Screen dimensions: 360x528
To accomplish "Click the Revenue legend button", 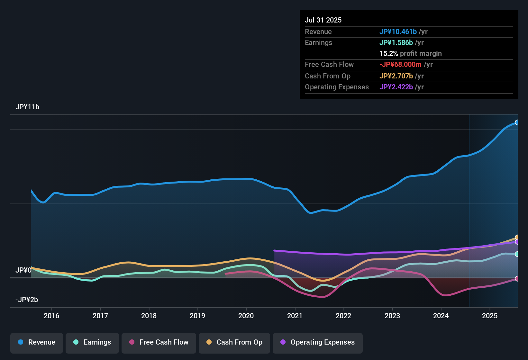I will click(37, 342).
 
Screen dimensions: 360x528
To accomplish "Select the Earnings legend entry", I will click(92, 342).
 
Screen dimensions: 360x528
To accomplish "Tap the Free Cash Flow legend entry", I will click(159, 342).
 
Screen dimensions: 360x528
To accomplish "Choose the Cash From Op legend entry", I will click(234, 342).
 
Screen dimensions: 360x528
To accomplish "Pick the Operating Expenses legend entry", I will click(318, 342).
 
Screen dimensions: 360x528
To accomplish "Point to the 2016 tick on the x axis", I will click(51, 316).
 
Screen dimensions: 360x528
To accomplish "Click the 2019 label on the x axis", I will click(197, 316).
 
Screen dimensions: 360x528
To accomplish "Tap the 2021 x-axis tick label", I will click(295, 316).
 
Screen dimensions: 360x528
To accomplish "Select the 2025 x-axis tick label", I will click(490, 316).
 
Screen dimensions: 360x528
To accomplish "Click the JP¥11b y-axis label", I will click(27, 107).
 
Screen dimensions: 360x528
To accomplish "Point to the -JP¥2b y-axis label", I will click(27, 300).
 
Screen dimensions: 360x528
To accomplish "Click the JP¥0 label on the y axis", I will click(23, 270).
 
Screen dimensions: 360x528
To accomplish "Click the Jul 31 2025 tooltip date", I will click(323, 20).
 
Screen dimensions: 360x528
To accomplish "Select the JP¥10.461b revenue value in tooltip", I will click(398, 32).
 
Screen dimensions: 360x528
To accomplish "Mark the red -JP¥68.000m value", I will click(400, 64).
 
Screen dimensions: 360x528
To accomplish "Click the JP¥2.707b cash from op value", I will click(396, 76).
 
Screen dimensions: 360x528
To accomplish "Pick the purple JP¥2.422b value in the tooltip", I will click(396, 87).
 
